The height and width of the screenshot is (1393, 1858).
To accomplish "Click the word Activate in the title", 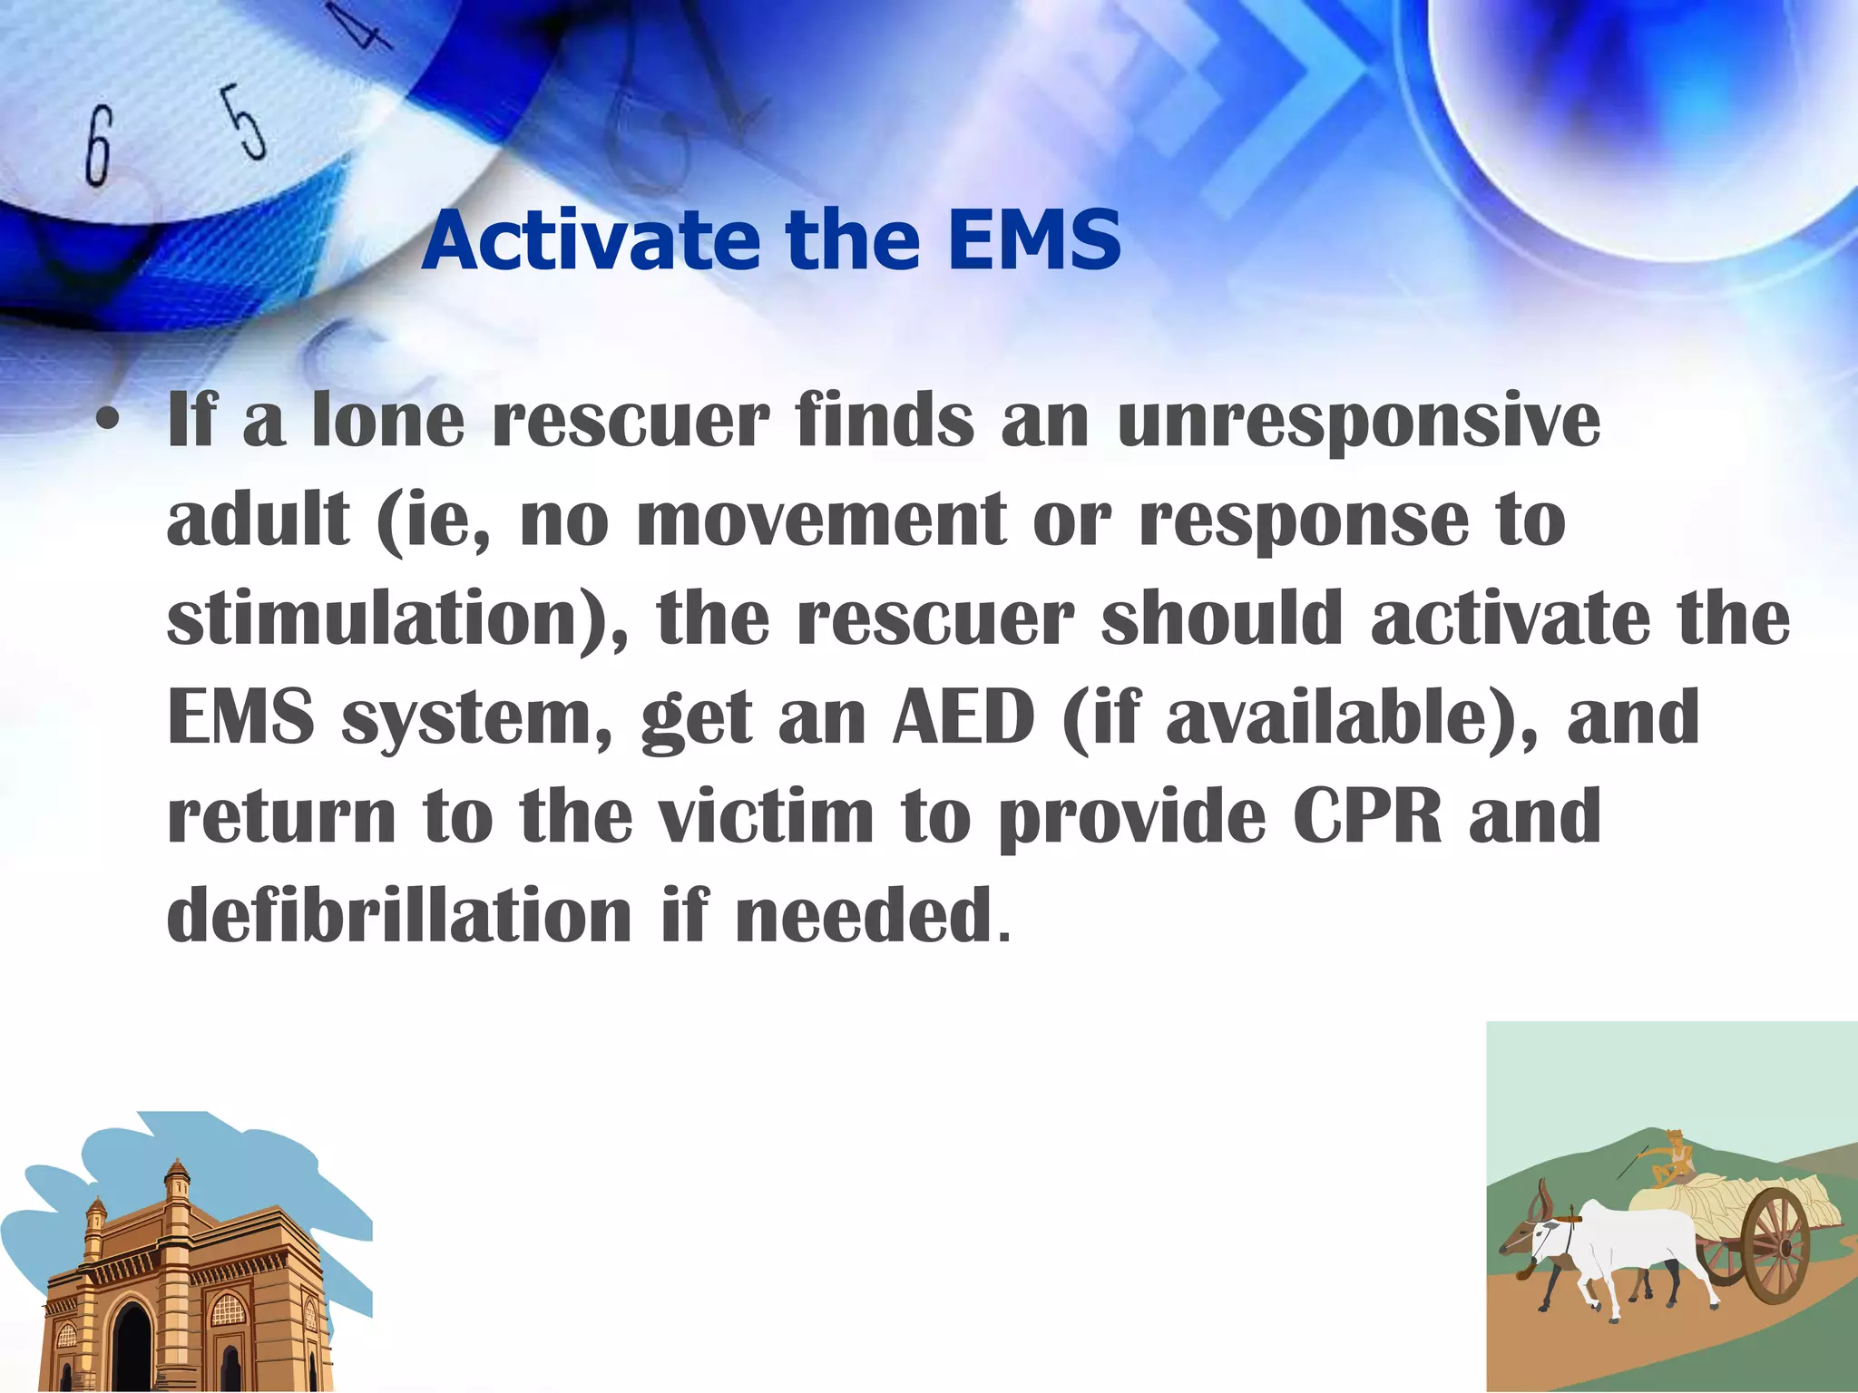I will click(591, 240).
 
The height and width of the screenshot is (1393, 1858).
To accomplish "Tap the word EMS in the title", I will click(1033, 240).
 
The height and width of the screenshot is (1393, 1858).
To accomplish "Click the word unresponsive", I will click(1358, 423).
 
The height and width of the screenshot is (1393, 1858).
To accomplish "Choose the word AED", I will click(963, 717).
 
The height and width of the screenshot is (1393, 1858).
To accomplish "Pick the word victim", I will click(765, 815).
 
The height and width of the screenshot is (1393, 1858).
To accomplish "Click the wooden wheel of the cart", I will click(1774, 1248).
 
